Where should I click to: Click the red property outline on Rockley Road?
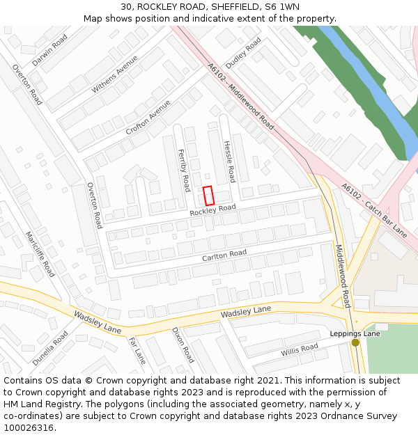pyautogui.click(x=208, y=196)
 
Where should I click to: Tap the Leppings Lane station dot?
pyautogui.click(x=355, y=342)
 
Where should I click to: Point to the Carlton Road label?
pyautogui.click(x=224, y=255)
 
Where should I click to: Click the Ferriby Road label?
pyautogui.click(x=184, y=170)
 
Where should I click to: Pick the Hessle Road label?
pyautogui.click(x=229, y=161)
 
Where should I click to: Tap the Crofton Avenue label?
pyautogui.click(x=148, y=117)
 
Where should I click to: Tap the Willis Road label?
pyautogui.click(x=300, y=351)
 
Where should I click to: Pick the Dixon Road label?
pyautogui.click(x=183, y=345)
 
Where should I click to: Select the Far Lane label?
pyautogui.click(x=137, y=351)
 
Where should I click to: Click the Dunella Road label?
pyautogui.click(x=49, y=348)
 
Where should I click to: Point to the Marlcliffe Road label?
pyautogui.click(x=40, y=254)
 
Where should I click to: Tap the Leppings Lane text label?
pyautogui.click(x=355, y=333)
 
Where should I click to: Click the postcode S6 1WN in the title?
pyautogui.click(x=280, y=6)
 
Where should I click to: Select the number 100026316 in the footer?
pyautogui.click(x=29, y=427)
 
